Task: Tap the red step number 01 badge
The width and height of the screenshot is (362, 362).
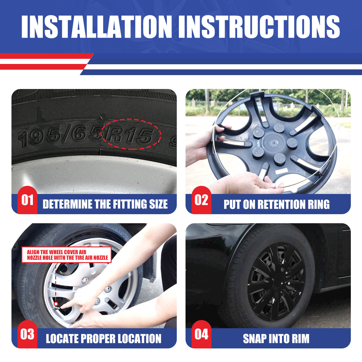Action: (x=27, y=200)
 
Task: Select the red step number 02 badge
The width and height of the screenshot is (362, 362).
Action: (x=202, y=200)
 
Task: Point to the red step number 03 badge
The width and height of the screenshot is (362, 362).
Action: (x=27, y=334)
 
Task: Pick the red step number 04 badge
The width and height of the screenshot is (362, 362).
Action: (x=202, y=334)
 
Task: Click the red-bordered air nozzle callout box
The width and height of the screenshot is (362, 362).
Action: (x=66, y=255)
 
